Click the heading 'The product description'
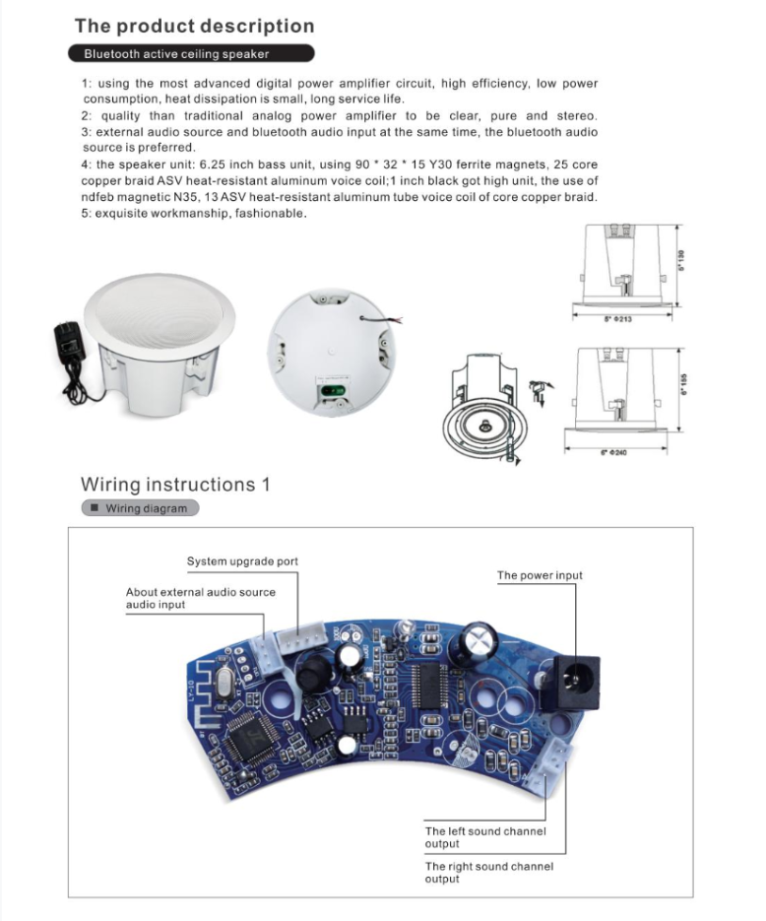tap(194, 26)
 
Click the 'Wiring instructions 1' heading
tap(174, 485)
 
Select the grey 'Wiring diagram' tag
tap(140, 508)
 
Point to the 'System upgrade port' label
tap(242, 561)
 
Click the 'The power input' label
tap(540, 575)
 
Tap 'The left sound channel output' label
tap(485, 837)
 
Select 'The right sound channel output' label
tap(489, 872)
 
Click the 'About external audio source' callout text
tap(201, 592)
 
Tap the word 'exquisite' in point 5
tap(124, 214)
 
